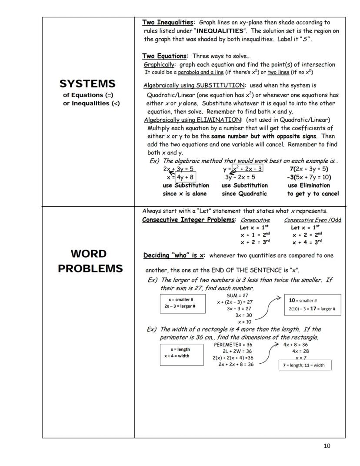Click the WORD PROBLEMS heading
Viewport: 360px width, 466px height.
click(90, 261)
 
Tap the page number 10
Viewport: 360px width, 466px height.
click(327, 446)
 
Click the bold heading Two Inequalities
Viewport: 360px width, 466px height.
click(168, 22)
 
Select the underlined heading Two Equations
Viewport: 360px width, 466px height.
click(165, 56)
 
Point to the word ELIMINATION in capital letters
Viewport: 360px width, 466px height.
click(219, 120)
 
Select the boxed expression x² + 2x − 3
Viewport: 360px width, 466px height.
click(247, 169)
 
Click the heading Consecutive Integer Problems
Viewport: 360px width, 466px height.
click(188, 220)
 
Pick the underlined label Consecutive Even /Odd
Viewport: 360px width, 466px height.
click(312, 220)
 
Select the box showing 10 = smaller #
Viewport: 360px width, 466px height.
click(313, 305)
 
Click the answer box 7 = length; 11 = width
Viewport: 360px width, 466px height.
click(304, 365)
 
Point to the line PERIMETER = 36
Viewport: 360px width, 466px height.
click(233, 345)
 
